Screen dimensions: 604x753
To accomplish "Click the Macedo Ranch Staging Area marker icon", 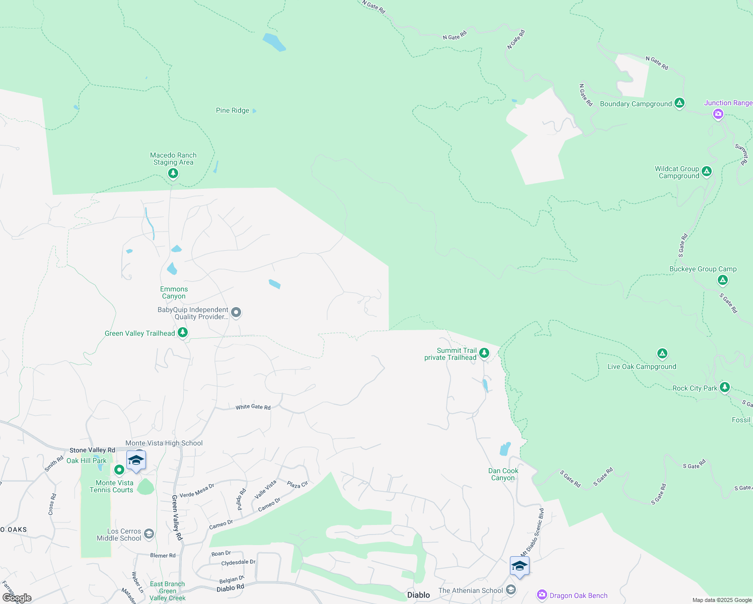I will click(x=173, y=174).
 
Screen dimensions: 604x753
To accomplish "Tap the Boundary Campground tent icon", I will click(x=680, y=103).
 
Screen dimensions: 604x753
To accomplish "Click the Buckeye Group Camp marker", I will click(x=723, y=280).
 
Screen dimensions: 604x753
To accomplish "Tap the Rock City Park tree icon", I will click(x=725, y=388).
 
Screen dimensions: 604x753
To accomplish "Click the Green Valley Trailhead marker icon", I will click(x=183, y=333).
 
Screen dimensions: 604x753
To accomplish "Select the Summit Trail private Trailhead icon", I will click(x=484, y=353).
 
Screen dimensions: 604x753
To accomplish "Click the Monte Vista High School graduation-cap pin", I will click(x=136, y=461).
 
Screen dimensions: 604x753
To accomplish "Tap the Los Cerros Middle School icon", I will click(x=149, y=534).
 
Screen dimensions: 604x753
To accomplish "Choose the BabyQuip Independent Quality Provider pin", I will click(x=236, y=313).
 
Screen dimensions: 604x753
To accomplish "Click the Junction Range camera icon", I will click(x=718, y=114).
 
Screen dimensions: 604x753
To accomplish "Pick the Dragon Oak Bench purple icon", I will click(x=542, y=595).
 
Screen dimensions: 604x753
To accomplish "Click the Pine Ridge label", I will click(x=233, y=111).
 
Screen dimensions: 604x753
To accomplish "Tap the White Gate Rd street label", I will click(x=253, y=407).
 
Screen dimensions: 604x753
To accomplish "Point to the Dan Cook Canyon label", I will click(x=503, y=475).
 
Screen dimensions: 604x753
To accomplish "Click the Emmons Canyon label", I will click(x=174, y=293).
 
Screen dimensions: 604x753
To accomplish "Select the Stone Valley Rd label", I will click(x=92, y=450).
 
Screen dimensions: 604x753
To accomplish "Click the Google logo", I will click(x=17, y=598).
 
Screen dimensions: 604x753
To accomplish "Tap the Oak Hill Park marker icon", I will click(x=119, y=470).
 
